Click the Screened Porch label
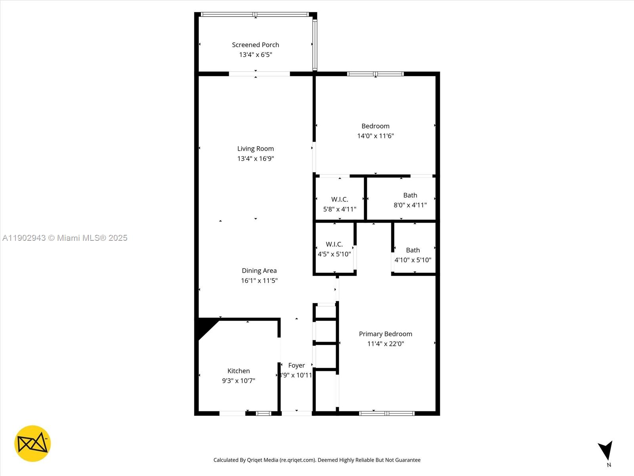(256, 45)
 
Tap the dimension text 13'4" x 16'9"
(256, 158)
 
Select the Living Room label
(256, 149)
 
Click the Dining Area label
(259, 271)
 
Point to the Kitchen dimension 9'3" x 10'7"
(239, 381)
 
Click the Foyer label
(296, 365)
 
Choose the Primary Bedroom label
(386, 334)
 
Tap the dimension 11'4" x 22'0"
(386, 344)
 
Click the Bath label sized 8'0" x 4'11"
(410, 195)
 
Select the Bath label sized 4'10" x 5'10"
(413, 250)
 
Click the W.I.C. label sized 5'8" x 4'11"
(340, 200)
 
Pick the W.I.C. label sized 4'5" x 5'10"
(334, 244)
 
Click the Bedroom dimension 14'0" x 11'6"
(375, 136)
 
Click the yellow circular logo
(32, 443)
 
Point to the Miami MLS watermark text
(65, 238)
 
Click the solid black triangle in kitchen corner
(206, 326)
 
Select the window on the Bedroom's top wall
(375, 74)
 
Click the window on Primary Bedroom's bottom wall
(387, 413)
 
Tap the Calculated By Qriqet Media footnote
(317, 460)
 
